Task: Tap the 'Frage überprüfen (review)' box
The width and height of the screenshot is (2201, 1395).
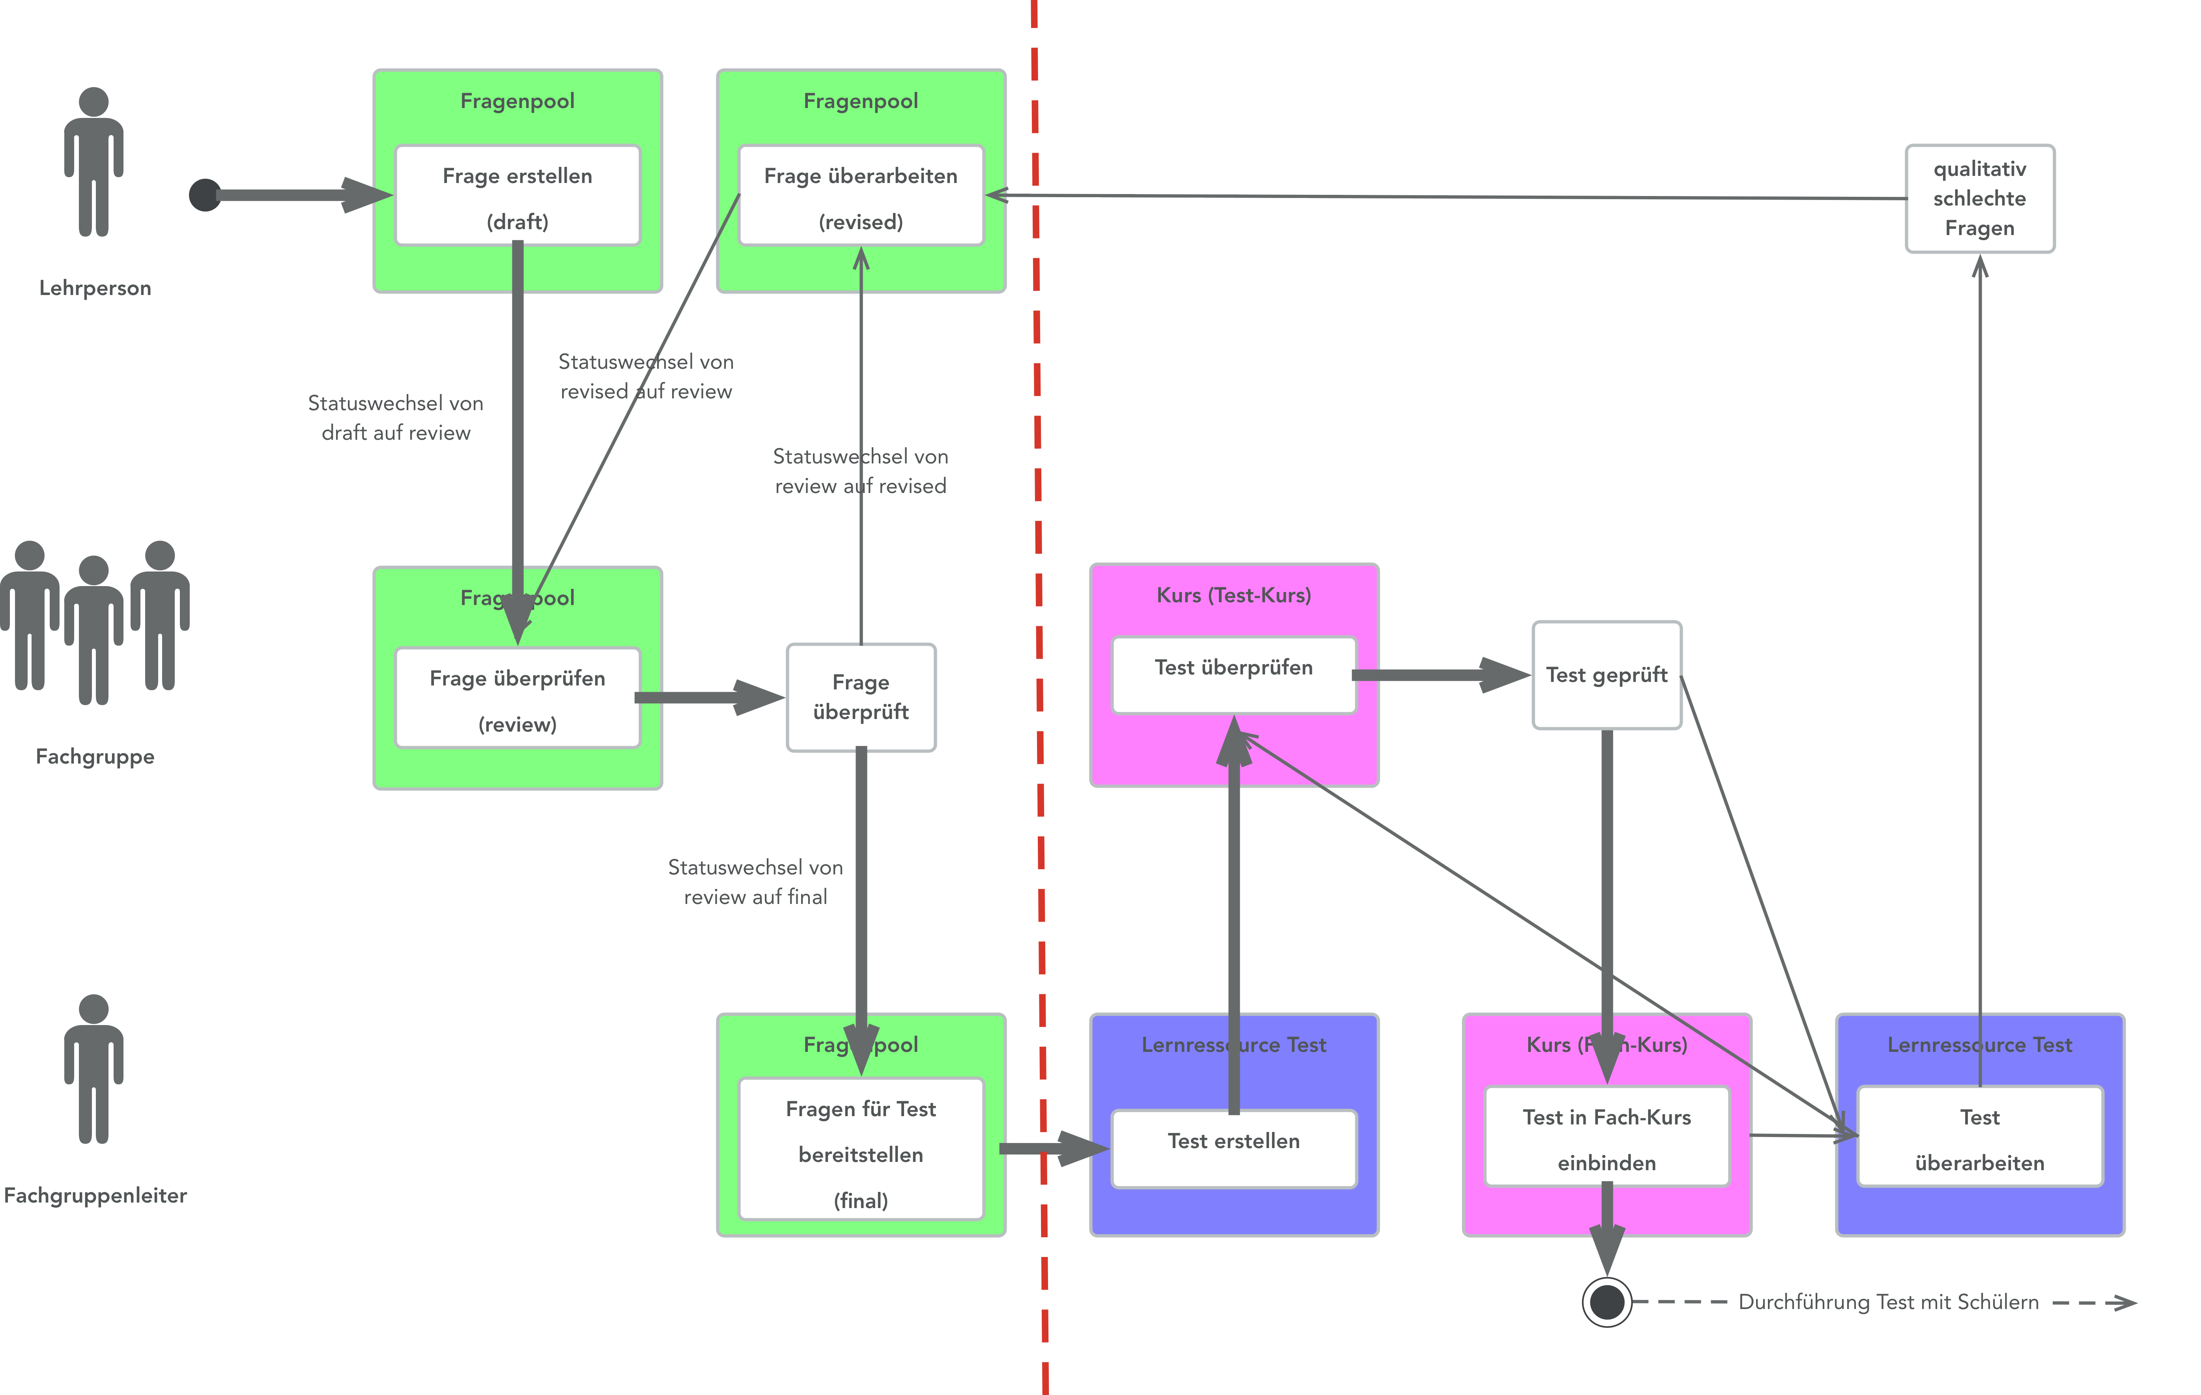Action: tap(518, 699)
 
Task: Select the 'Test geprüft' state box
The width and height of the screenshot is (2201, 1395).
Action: tap(1606, 675)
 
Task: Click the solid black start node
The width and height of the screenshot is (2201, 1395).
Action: tap(205, 195)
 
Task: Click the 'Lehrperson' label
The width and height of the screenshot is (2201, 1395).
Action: tap(95, 288)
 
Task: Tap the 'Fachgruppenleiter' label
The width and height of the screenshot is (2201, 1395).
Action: tap(95, 1195)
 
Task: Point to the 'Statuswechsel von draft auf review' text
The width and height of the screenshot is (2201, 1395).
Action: tap(396, 418)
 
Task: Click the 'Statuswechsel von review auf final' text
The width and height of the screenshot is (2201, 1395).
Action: tap(755, 882)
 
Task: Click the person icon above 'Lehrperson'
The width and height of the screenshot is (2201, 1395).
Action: tap(94, 162)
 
